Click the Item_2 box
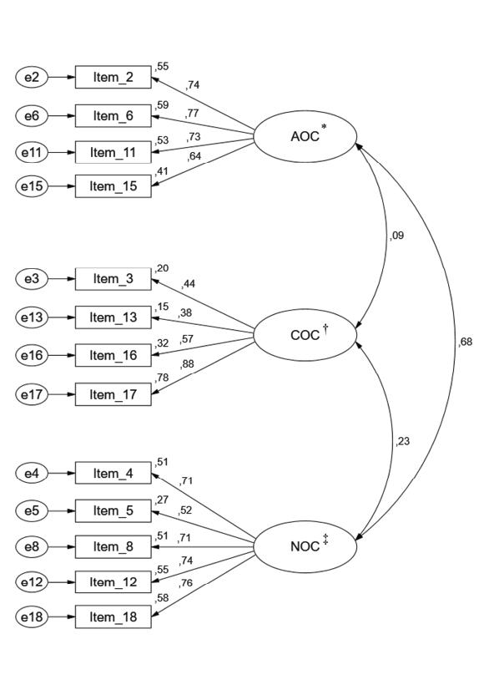tap(113, 78)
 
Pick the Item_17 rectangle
tap(113, 392)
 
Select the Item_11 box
tap(113, 152)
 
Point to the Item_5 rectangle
tap(113, 510)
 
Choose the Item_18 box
tap(113, 618)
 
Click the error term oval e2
tap(31, 78)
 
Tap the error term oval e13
tap(31, 317)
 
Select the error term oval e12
tap(31, 581)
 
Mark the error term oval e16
tap(31, 354)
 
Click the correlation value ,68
tap(465, 340)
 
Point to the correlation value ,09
tap(397, 236)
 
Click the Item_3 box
tap(113, 279)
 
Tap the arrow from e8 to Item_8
tap(61, 546)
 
